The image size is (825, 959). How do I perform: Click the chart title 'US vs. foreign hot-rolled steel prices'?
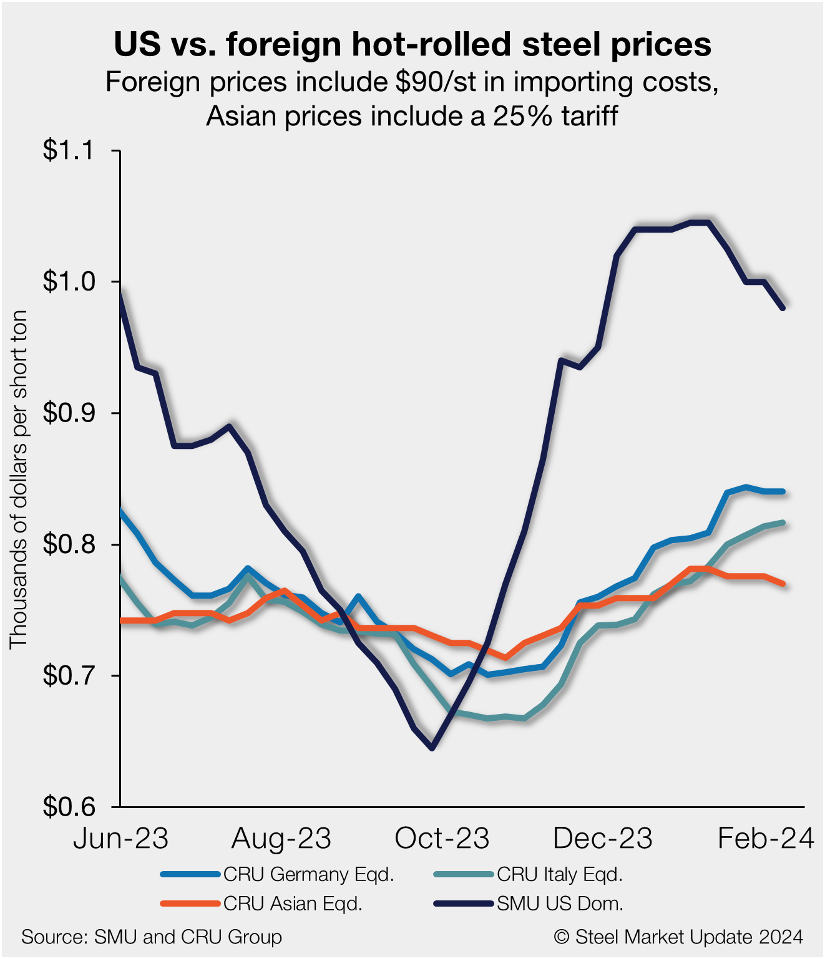click(x=412, y=44)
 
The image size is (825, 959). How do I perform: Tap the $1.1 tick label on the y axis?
click(x=68, y=151)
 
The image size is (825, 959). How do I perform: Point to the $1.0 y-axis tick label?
click(x=68, y=282)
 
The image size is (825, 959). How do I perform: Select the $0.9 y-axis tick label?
click(x=68, y=413)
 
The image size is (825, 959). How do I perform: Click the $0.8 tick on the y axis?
click(x=68, y=545)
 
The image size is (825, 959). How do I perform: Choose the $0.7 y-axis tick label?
click(x=68, y=676)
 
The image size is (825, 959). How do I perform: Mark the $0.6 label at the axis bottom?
click(x=68, y=807)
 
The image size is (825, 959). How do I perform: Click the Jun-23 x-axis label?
click(x=120, y=839)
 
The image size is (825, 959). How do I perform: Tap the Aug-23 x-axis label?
click(x=281, y=839)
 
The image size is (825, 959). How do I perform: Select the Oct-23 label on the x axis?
click(x=442, y=839)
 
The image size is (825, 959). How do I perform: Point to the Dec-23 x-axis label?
click(x=603, y=839)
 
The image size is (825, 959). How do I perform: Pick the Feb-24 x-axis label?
click(x=766, y=839)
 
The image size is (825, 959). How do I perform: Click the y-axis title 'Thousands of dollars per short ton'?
click(x=19, y=479)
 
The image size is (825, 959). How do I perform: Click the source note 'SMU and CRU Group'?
click(x=152, y=937)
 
